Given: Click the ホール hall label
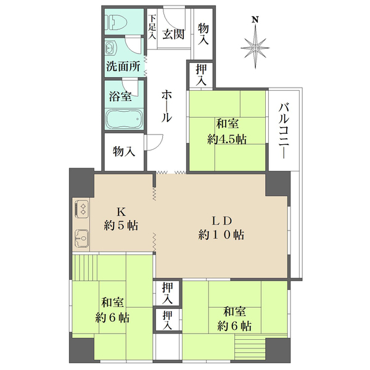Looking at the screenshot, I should tap(166, 106).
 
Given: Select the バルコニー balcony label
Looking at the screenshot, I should tap(284, 130).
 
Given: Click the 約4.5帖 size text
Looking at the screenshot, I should tap(227, 139).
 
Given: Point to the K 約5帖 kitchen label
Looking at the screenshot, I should tap(120, 217).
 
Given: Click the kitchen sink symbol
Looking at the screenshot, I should tap(82, 236).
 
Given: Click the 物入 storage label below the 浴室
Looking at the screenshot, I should tap(124, 152).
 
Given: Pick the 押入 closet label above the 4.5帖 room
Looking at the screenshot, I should tap(202, 75).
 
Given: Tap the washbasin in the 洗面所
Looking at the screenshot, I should tap(110, 48).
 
